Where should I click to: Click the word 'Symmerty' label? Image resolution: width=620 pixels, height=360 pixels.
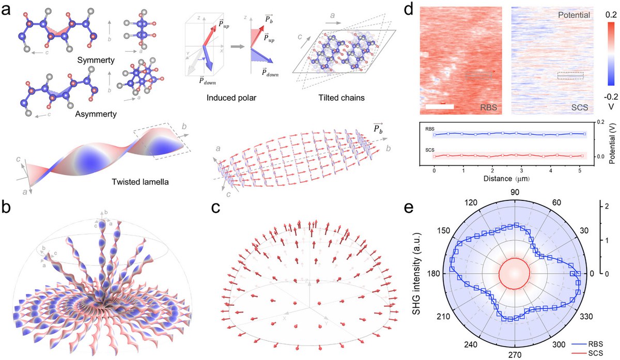[x=96, y=60]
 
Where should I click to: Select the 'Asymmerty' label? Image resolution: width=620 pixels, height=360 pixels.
[x=96, y=114]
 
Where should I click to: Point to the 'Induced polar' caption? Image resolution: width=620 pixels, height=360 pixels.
[x=231, y=98]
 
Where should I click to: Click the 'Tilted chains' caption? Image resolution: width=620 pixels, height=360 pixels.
[x=342, y=98]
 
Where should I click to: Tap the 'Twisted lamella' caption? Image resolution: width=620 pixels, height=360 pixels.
[x=140, y=182]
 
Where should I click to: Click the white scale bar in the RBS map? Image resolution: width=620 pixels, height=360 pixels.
[x=440, y=106]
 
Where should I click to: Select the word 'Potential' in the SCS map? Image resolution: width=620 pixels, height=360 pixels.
[x=574, y=15]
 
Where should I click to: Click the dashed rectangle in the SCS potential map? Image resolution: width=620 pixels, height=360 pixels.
[x=570, y=75]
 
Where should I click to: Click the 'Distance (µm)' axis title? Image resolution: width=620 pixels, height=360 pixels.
[x=506, y=179]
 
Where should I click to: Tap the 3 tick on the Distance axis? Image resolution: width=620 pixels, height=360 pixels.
[x=521, y=170]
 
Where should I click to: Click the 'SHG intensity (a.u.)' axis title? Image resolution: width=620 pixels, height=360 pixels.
[x=416, y=273]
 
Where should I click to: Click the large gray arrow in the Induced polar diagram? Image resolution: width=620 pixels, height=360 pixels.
[x=238, y=46]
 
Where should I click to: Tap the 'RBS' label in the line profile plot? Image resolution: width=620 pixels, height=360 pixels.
[x=429, y=129]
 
